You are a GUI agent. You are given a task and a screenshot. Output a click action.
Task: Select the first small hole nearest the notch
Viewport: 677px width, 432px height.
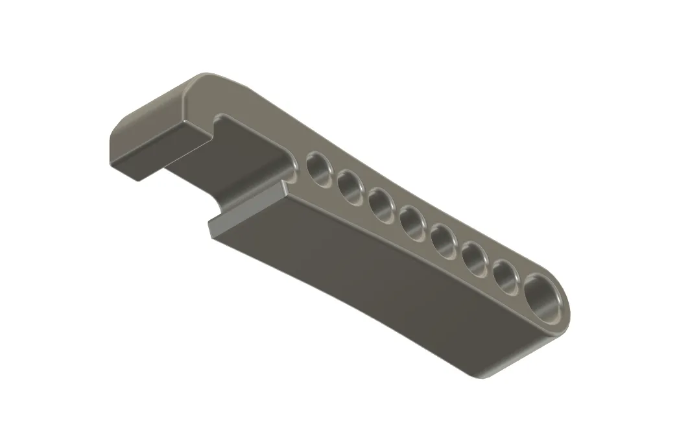(319, 169)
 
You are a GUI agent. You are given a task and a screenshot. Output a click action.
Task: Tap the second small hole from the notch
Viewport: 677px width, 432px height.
(350, 187)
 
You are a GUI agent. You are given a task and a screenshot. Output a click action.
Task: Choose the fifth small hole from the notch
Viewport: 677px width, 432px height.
(444, 240)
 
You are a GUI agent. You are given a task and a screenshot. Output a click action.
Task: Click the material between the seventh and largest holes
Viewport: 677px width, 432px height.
(523, 286)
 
